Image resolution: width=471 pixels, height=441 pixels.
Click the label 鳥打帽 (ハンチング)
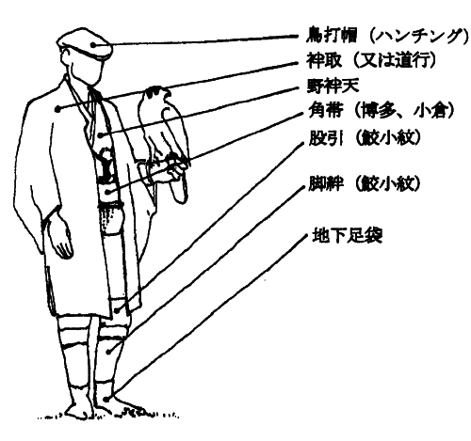(x=387, y=37)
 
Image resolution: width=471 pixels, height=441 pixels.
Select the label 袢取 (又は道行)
(x=371, y=60)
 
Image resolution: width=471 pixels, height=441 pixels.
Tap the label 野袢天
(x=333, y=86)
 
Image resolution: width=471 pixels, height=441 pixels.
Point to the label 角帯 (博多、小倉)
(x=381, y=110)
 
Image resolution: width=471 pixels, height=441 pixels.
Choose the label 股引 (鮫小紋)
(x=365, y=137)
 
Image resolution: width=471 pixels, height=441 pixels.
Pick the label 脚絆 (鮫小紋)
(x=364, y=183)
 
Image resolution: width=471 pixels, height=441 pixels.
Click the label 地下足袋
(x=348, y=235)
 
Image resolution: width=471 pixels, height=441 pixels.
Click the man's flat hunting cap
(x=85, y=44)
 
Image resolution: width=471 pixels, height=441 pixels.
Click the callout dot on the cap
(x=93, y=45)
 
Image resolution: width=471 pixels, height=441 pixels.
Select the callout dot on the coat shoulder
(x=57, y=109)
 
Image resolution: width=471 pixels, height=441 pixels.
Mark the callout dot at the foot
(x=106, y=399)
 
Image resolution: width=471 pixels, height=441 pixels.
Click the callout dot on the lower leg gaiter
(x=108, y=352)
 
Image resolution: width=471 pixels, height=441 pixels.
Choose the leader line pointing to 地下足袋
(x=207, y=317)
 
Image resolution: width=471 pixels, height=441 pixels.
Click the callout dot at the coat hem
(x=117, y=310)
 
